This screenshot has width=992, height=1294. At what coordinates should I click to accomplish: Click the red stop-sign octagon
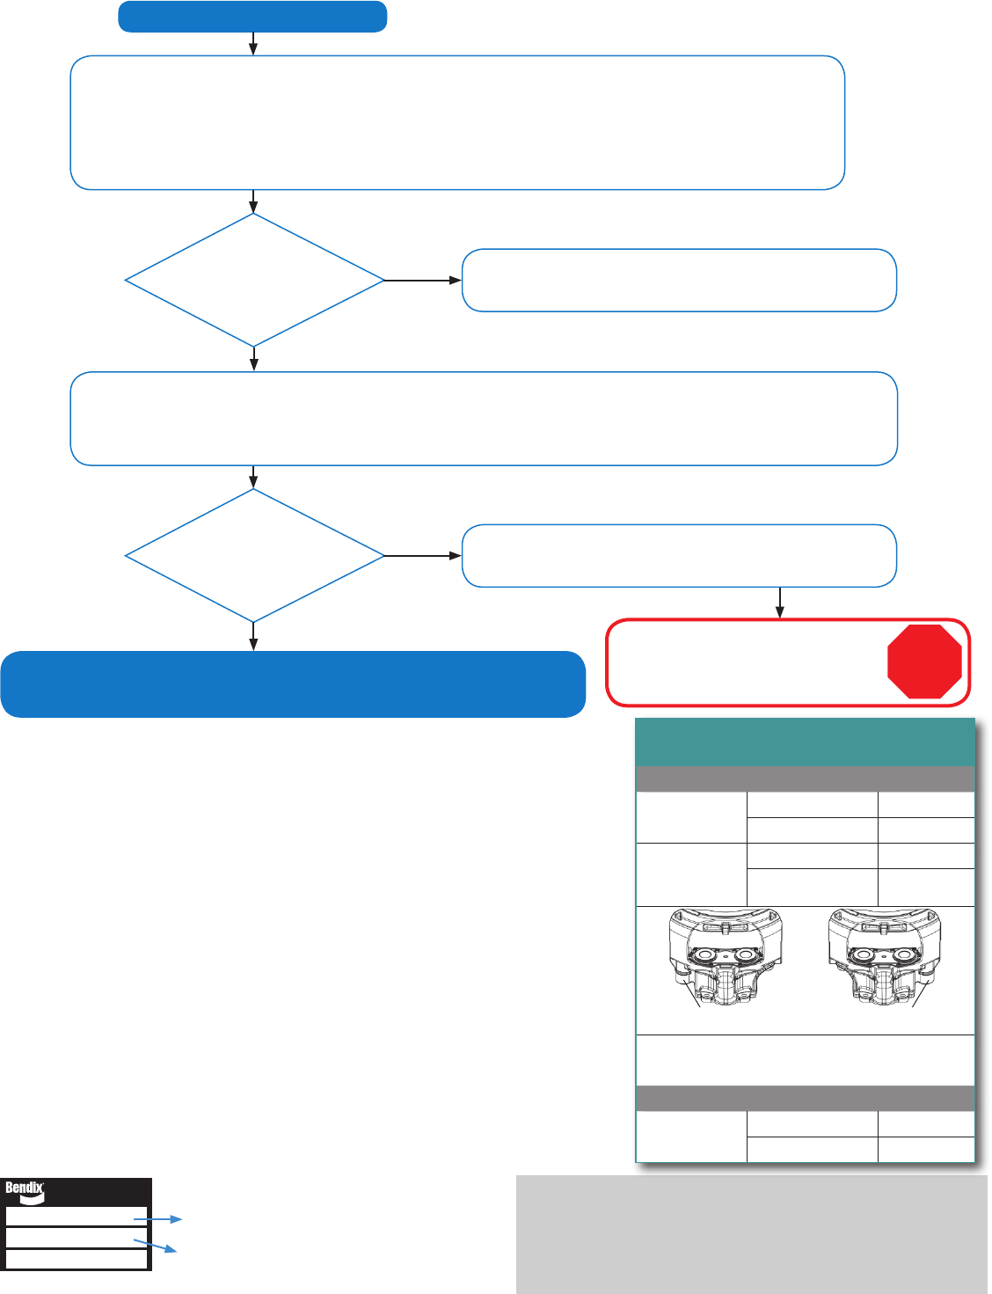(924, 661)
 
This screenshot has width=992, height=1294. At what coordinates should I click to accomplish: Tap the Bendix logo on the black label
(25, 1190)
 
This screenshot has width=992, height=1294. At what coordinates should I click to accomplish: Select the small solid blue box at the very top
(252, 17)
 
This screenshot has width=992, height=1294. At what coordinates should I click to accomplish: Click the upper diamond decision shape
(254, 280)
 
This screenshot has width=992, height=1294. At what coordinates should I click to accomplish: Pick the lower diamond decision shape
(254, 556)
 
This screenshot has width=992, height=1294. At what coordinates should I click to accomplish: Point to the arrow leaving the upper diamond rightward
(423, 280)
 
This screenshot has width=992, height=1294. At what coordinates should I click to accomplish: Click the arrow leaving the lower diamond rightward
(423, 556)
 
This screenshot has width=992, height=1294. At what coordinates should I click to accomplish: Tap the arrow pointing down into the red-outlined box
(779, 603)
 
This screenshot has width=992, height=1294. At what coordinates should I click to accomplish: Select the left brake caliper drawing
(726, 957)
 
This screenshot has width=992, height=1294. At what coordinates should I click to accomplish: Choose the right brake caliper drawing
(885, 957)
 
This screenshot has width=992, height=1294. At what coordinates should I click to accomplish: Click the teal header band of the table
(806, 742)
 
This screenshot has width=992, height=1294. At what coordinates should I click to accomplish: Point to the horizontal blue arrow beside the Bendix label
(157, 1219)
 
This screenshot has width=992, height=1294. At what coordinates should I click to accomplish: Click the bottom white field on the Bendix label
(77, 1259)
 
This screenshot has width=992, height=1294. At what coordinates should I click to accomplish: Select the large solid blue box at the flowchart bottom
(293, 684)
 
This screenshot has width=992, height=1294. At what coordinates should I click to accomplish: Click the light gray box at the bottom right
(752, 1234)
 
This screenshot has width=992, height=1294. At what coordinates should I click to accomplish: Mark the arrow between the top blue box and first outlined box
(253, 43)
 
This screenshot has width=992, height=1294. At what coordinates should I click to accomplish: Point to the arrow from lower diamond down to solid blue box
(253, 637)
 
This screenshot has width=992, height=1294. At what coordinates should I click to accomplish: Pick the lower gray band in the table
(806, 1098)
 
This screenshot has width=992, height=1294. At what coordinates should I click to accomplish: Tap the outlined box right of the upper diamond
(680, 280)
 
